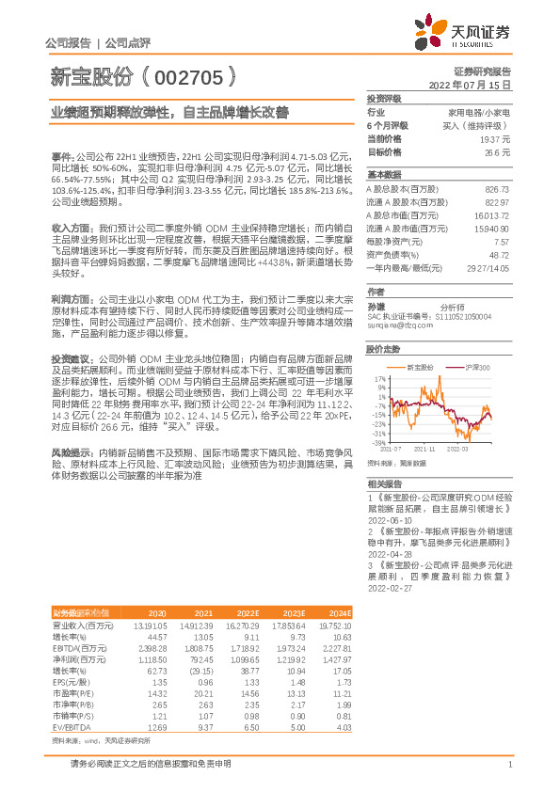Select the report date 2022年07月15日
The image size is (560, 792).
(475, 84)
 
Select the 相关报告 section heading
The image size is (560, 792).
(385, 483)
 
